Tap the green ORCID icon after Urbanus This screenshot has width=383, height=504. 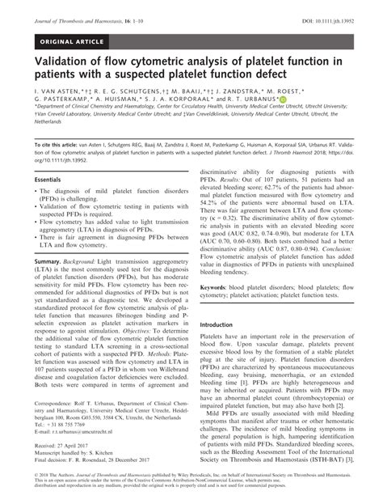pyautogui.click(x=282, y=100)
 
